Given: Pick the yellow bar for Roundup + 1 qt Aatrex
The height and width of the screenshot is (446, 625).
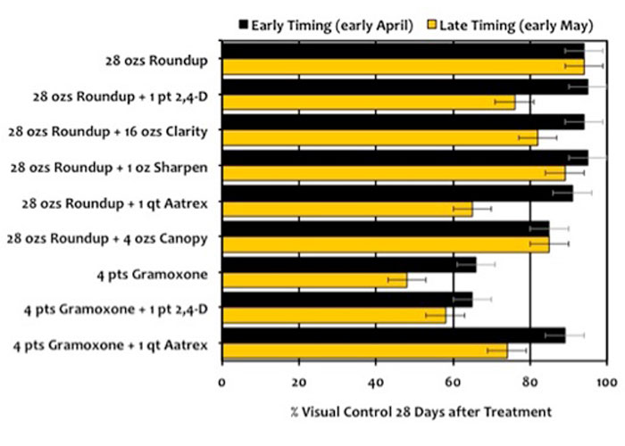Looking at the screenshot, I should pos(347,209).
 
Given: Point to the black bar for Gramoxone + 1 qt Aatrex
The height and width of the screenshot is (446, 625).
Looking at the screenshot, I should pos(394,335).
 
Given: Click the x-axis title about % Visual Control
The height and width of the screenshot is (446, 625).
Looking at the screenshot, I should pos(414,411).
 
